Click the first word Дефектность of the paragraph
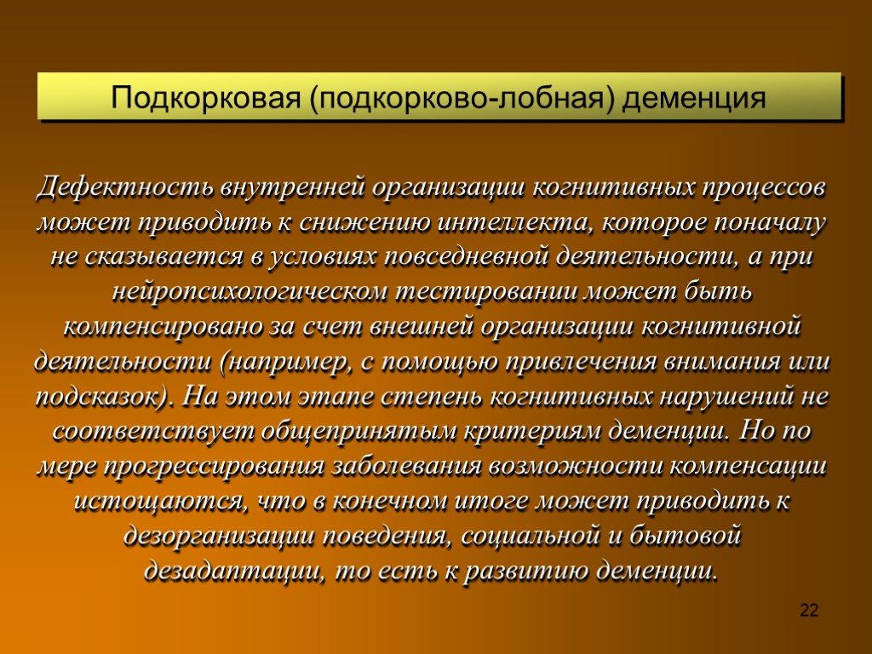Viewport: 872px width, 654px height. (125, 187)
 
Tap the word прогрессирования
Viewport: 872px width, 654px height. (213, 467)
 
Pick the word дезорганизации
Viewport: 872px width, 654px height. (219, 536)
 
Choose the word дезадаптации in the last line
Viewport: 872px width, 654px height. (233, 571)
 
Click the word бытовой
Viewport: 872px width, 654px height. (686, 536)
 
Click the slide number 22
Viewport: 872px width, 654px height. (809, 611)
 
